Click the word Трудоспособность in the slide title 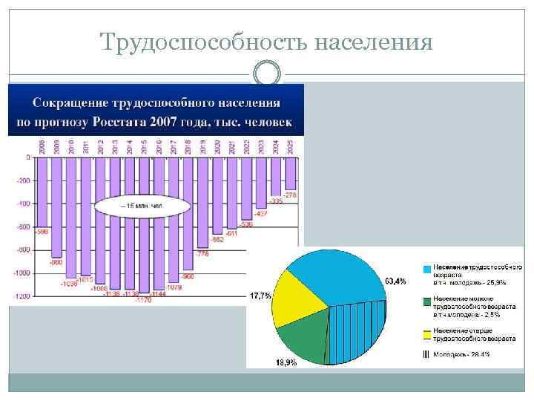coord(203,43)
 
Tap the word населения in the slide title coord(373,43)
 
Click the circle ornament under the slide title coord(267,74)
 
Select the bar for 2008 coord(42,192)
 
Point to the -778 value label coord(202,253)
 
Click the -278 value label coord(290,195)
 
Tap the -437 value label coord(261,213)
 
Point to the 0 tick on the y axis coord(27,157)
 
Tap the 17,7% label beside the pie coord(261,296)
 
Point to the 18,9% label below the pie coord(286,362)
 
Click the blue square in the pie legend coord(426,268)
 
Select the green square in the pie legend coord(426,300)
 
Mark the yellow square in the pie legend coord(426,332)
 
